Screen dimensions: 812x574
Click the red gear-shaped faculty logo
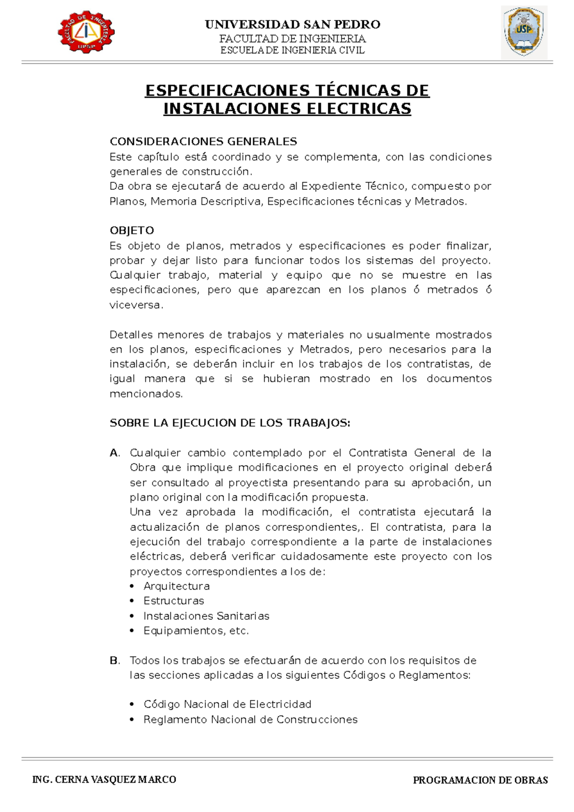(86, 32)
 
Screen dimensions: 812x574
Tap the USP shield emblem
(524, 32)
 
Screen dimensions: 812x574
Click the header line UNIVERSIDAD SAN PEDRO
(292, 24)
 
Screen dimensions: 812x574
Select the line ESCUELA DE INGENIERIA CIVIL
(292, 50)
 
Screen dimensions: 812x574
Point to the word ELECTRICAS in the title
(358, 109)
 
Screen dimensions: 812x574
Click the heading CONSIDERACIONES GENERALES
(203, 142)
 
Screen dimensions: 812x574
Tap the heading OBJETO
(132, 230)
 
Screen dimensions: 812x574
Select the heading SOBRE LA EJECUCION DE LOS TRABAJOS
(230, 423)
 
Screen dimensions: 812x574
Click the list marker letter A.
(114, 453)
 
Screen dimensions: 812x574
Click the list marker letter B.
(114, 660)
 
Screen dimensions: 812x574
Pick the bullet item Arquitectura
(177, 586)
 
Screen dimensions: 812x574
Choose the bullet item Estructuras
(174, 601)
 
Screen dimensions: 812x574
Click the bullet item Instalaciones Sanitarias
(206, 616)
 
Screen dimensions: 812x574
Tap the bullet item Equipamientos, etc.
(196, 631)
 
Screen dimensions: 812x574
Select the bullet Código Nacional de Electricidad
(227, 704)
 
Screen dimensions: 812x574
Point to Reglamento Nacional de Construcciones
(250, 720)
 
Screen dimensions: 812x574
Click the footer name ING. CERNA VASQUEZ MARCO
(104, 780)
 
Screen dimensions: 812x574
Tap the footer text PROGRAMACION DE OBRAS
(480, 780)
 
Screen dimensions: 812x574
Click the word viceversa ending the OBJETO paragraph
(135, 305)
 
